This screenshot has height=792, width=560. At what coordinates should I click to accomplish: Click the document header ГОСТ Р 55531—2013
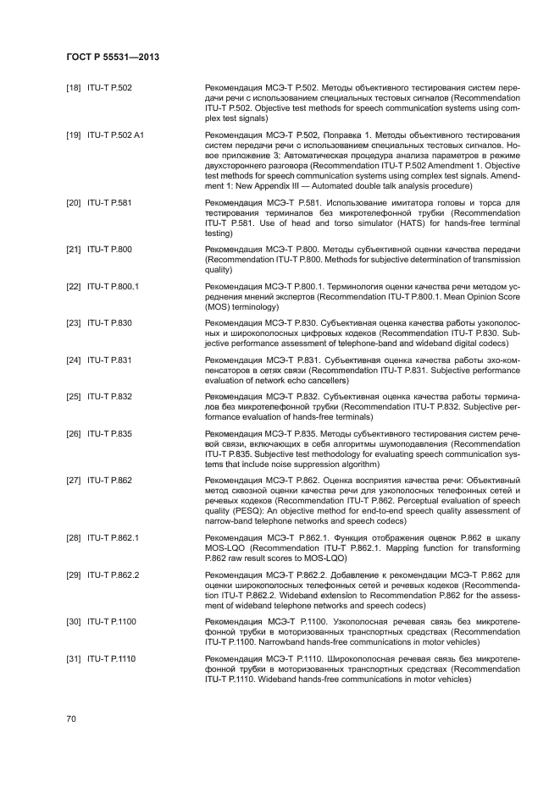tap(113, 57)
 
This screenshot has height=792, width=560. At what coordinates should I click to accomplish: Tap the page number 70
tap(72, 718)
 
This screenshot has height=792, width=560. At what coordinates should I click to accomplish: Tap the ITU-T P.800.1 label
tap(113, 286)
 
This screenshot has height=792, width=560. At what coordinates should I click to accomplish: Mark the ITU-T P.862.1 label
tap(113, 537)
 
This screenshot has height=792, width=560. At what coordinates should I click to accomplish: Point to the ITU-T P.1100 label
tap(112, 622)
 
